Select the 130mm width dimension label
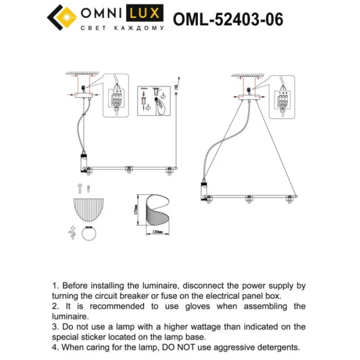click(x=157, y=231)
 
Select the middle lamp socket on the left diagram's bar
click(x=129, y=169)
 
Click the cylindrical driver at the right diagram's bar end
click(x=204, y=190)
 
